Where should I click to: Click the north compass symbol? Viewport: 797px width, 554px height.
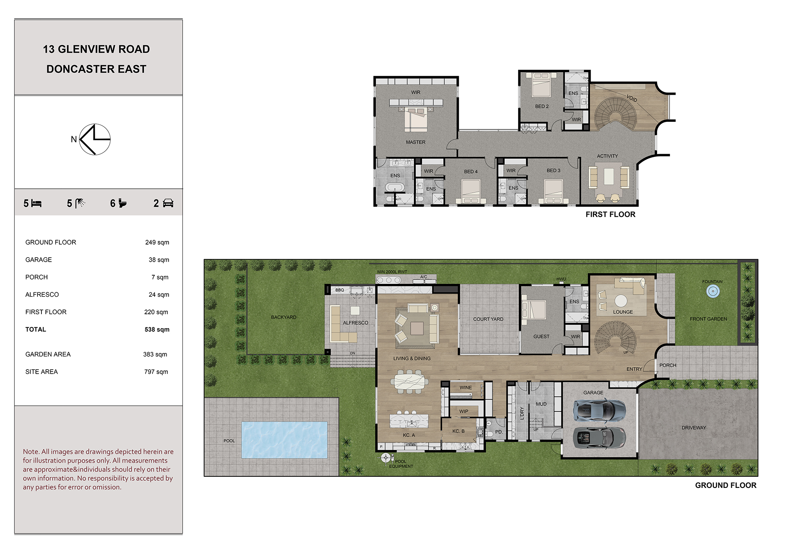[x=95, y=139]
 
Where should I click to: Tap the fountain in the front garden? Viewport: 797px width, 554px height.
[x=713, y=292]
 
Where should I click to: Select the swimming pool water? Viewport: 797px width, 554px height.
[x=284, y=440]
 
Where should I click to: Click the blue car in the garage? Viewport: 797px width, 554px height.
[x=599, y=411]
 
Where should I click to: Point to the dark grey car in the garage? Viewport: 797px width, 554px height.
[x=599, y=438]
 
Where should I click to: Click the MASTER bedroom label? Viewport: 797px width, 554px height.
[x=416, y=142]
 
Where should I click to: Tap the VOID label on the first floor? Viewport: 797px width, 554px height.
[x=632, y=98]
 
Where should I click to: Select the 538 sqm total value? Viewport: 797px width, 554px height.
[x=157, y=329]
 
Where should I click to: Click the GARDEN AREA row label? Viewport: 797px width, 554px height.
[x=48, y=354]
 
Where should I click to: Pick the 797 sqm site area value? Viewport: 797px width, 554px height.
[x=156, y=372]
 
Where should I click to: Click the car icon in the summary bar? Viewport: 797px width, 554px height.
[x=168, y=204]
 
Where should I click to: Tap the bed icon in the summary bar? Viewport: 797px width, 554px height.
[x=36, y=204]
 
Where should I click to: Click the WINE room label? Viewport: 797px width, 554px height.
[x=465, y=388]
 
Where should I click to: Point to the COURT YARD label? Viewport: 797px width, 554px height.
[x=488, y=319]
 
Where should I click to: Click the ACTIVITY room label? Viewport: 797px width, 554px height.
[x=607, y=156]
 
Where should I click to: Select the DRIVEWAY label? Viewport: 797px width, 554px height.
[x=694, y=428]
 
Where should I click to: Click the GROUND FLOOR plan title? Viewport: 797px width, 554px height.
[x=726, y=485]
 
